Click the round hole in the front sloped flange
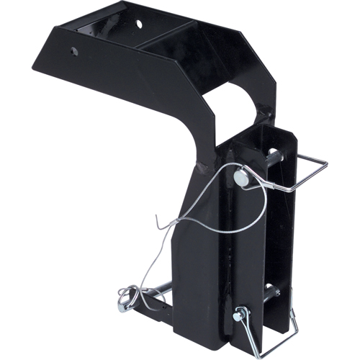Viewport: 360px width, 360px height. [x=75, y=51]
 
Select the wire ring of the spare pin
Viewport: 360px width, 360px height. [x=130, y=296]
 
